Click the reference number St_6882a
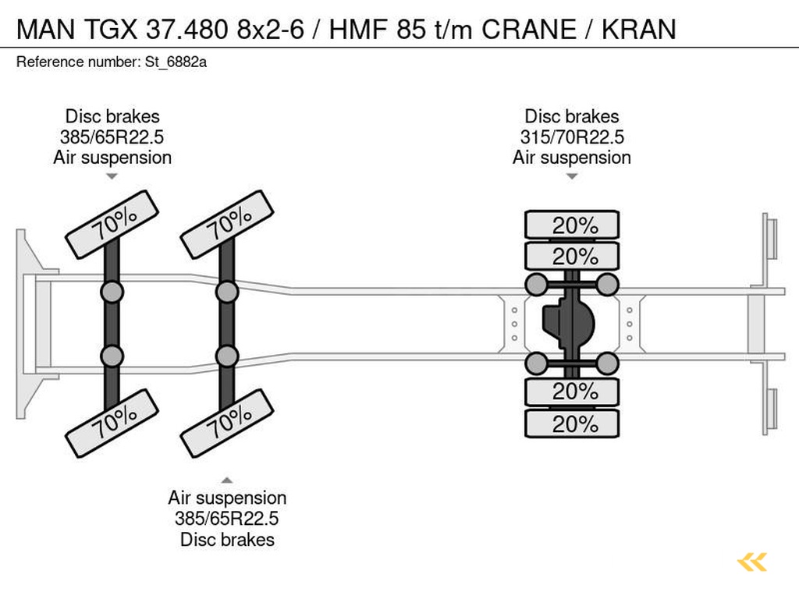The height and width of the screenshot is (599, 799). pos(176,62)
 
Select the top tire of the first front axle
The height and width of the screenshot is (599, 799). pos(112,224)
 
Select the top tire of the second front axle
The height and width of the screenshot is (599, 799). pos(227,224)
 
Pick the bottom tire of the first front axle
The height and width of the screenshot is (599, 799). pos(112,423)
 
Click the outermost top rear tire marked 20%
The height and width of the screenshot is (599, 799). pos(572,225)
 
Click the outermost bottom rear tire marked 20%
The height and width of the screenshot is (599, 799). pos(572,424)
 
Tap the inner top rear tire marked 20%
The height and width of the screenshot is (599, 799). pos(572,256)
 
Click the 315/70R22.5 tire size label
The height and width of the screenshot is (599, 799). pos(572,137)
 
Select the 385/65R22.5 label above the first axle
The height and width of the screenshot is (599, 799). pos(112,137)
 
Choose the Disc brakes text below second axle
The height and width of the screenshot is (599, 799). pos(227,539)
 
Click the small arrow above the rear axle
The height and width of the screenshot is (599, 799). pos(572,176)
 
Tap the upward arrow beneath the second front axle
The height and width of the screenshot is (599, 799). pos(227,480)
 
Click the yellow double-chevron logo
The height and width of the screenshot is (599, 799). pos(752,562)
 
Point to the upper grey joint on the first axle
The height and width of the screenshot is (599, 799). pos(112,292)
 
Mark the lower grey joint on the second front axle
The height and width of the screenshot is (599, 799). pos(227,356)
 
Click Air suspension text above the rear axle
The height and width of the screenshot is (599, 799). pos(572,158)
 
